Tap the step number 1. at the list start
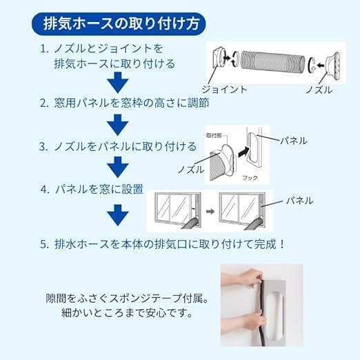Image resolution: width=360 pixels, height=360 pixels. [43, 50]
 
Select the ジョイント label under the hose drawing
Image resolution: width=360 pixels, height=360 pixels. [223, 90]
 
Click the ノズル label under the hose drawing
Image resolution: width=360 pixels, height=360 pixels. [319, 90]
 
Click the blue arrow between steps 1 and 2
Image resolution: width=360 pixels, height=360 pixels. [119, 83]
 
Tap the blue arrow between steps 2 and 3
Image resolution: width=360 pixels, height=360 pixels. [119, 124]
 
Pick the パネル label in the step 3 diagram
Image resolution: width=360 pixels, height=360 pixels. [293, 141]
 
